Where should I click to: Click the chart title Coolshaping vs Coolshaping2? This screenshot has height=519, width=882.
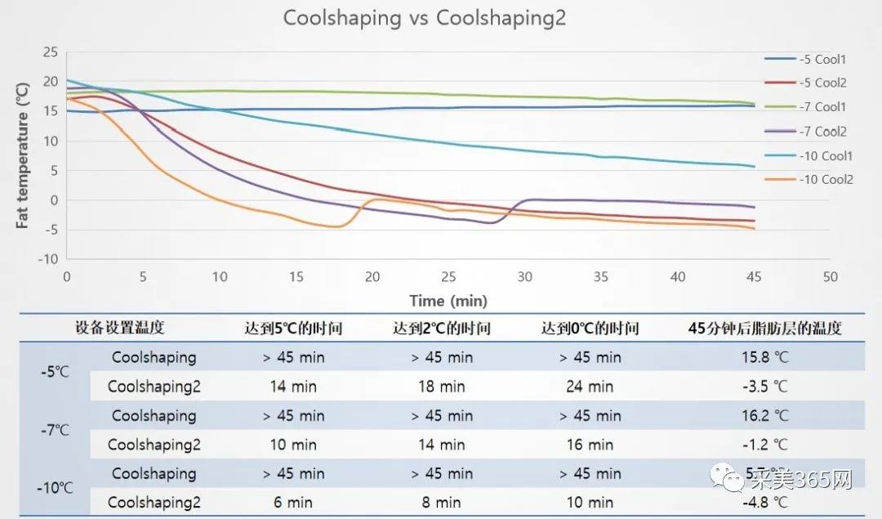424,19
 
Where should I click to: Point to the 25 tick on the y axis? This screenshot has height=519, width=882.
50,52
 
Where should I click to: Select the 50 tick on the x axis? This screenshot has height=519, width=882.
831,277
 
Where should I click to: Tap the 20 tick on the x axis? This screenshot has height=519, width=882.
372,277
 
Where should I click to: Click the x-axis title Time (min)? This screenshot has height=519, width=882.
448,301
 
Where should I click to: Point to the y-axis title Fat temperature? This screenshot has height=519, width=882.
24,154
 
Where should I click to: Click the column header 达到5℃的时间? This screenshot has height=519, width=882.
292,329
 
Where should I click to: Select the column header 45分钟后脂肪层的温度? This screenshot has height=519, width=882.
765,329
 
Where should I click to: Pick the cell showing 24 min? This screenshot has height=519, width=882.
590,387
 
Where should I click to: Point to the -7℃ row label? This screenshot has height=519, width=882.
56,430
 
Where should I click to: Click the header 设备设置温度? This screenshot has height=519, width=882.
119,329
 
